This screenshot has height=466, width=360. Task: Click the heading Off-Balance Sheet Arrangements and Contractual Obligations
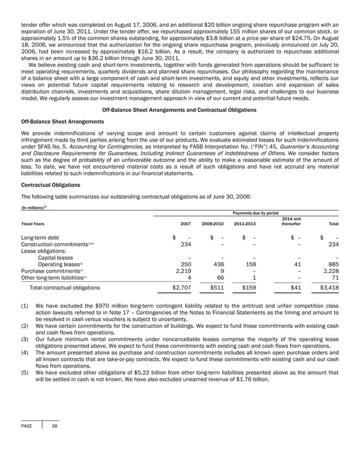pos(180,109)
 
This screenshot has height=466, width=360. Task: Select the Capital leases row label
pos(54,254)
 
